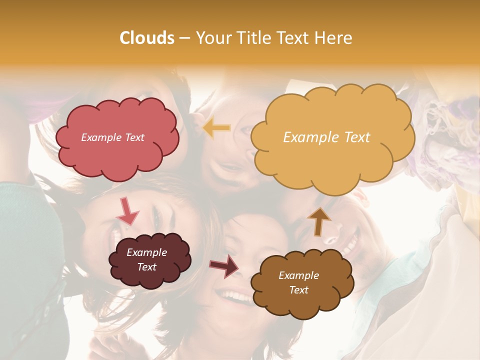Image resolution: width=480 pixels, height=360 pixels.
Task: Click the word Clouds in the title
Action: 147,38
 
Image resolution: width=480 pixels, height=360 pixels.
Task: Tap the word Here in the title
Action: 334,38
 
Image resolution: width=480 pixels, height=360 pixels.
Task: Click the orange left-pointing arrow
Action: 216,128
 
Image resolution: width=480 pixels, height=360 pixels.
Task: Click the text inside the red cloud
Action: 112,137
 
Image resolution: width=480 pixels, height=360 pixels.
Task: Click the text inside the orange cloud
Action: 326,137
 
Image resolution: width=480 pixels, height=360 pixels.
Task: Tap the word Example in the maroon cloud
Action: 146,252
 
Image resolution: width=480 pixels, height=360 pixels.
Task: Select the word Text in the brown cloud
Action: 298,290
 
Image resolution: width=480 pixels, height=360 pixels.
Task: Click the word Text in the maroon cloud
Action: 146,267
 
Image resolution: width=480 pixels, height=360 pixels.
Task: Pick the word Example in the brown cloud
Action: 298,275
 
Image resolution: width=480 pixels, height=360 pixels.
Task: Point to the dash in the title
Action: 184,38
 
